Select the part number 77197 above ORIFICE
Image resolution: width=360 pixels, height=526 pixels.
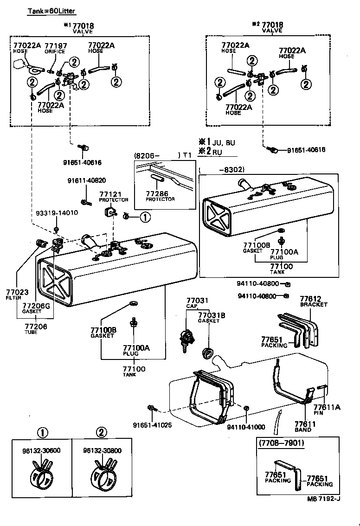[55, 45]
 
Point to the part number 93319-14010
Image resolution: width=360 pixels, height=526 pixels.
[57, 213]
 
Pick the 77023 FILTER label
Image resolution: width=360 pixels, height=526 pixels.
[17, 294]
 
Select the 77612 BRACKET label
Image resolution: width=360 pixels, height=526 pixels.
[313, 301]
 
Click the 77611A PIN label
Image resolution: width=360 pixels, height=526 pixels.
[330, 409]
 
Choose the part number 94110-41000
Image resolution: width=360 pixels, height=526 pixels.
[246, 427]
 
